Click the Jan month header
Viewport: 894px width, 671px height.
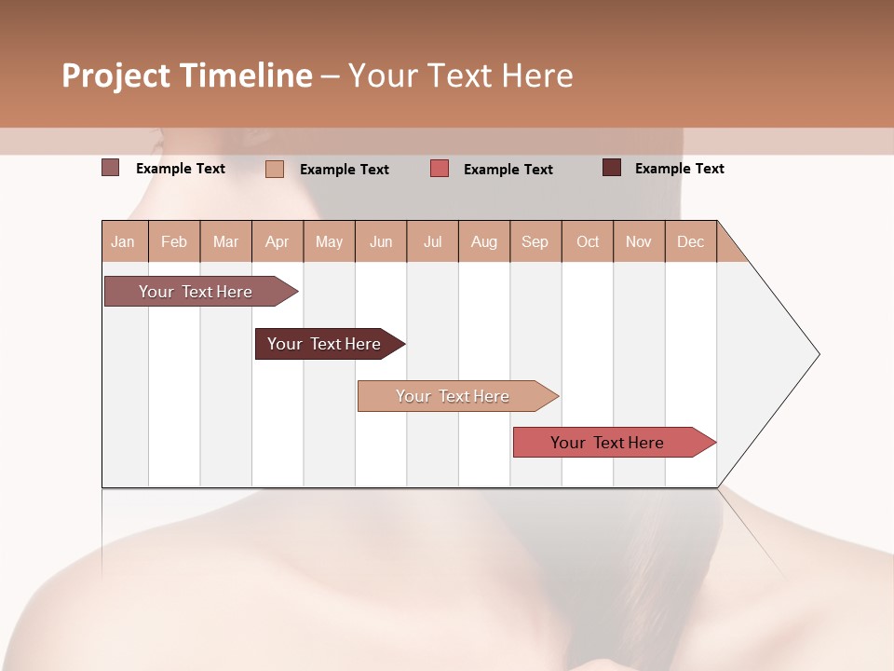pyautogui.click(x=123, y=242)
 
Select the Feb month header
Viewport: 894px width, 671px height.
pyautogui.click(x=174, y=242)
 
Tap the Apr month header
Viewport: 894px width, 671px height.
pyautogui.click(x=277, y=242)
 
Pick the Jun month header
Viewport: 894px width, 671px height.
pyautogui.click(x=381, y=242)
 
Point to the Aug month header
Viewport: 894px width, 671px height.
pyautogui.click(x=483, y=242)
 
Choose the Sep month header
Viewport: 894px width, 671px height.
pyautogui.click(x=535, y=242)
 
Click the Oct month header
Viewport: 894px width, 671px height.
pyautogui.click(x=588, y=242)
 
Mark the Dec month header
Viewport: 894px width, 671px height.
pyautogui.click(x=690, y=242)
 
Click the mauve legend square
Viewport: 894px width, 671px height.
pyautogui.click(x=110, y=168)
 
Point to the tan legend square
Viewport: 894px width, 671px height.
pyautogui.click(x=275, y=169)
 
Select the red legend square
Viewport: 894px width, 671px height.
pyautogui.click(x=440, y=169)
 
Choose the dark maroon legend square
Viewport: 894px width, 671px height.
pyautogui.click(x=612, y=168)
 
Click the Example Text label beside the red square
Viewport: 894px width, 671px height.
pyautogui.click(x=508, y=170)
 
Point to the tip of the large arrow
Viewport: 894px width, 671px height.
pyautogui.click(x=818, y=354)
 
